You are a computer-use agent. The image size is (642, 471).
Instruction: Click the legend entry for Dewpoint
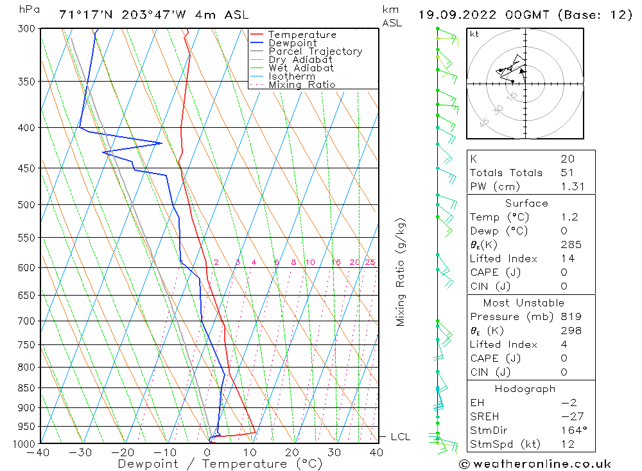pos(292,43)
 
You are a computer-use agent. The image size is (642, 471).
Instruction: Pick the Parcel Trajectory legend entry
pos(315,51)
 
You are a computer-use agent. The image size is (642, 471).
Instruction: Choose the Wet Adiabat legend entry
pos(301,68)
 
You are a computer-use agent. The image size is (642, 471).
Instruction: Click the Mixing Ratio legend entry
pos(302,84)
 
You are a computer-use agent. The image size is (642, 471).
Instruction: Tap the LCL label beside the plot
pos(400,437)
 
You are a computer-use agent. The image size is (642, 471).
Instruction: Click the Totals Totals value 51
pos(568,173)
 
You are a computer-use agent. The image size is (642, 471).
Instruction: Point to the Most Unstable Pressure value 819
pos(571,317)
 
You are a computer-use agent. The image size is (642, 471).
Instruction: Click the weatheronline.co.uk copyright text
pos(535,464)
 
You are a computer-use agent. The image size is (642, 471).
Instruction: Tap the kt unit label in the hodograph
pos(474,34)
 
